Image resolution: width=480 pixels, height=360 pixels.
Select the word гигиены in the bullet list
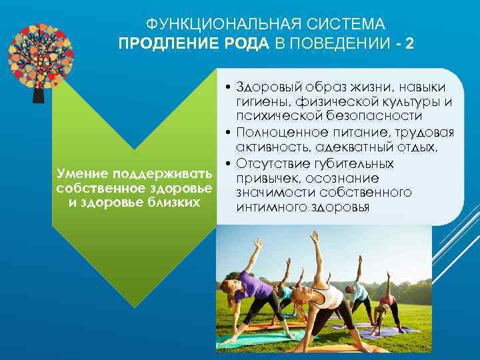(259, 102)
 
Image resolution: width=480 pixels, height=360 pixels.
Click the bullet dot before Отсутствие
(227, 164)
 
